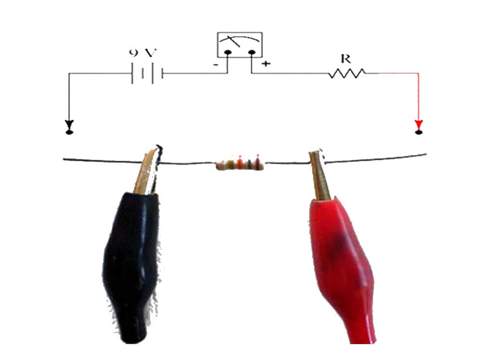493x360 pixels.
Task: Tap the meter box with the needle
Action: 240,45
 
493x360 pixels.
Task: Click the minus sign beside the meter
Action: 217,64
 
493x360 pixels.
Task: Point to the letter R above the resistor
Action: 345,58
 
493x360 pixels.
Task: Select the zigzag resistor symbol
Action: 347,74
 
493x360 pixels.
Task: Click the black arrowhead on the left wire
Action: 69,123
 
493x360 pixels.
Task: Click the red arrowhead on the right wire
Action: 418,123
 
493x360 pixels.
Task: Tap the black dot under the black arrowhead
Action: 69,131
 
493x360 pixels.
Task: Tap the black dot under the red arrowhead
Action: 418,131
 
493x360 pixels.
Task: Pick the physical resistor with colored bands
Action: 239,165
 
